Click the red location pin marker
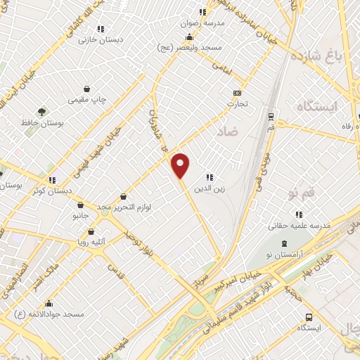point(181,166)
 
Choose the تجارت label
point(237,103)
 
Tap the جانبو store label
point(80,215)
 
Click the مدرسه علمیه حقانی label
point(299,226)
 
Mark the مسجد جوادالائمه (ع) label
point(53,314)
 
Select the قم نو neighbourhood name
point(295,192)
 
